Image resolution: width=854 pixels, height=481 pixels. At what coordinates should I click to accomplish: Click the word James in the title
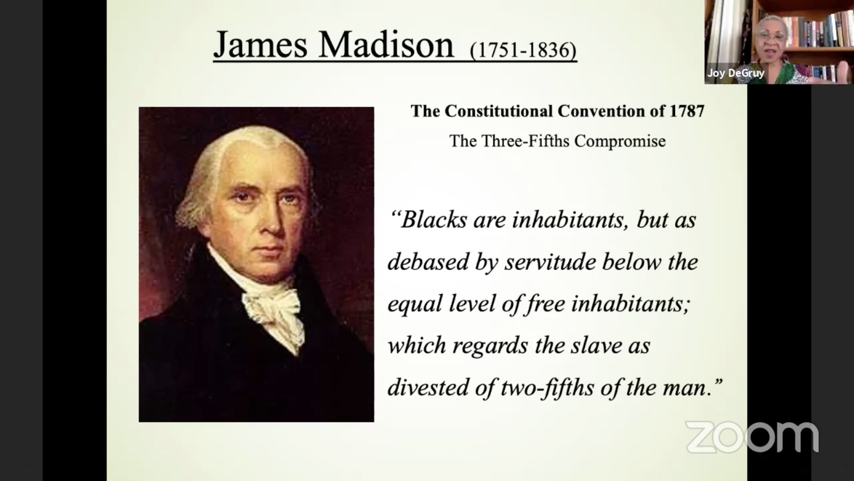260,45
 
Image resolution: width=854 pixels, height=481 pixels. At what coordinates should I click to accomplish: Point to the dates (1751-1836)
523,50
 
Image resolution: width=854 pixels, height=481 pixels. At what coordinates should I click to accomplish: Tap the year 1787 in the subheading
687,111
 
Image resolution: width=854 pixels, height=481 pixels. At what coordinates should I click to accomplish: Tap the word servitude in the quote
550,261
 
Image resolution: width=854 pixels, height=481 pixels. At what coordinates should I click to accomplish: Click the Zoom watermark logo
752,437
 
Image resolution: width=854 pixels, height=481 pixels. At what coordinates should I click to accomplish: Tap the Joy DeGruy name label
736,73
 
